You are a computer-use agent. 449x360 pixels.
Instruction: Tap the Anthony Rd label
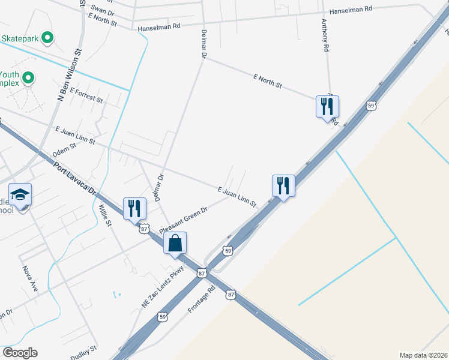click(x=325, y=35)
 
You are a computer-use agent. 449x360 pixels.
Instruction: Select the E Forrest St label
click(x=86, y=95)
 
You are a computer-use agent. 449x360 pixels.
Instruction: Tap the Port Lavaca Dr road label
click(x=75, y=179)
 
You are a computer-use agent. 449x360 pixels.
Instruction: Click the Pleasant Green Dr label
click(x=183, y=220)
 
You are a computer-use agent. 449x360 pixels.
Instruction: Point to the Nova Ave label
click(x=30, y=279)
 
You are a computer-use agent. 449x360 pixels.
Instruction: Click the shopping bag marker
click(x=175, y=244)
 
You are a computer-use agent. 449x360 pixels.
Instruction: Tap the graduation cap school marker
click(x=20, y=194)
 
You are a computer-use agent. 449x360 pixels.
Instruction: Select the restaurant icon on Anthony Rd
click(x=327, y=107)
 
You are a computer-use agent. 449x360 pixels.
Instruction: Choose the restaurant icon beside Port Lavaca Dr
click(x=134, y=209)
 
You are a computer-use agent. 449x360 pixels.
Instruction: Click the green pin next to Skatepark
click(x=49, y=38)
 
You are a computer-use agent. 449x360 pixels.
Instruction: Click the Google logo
click(x=20, y=353)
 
